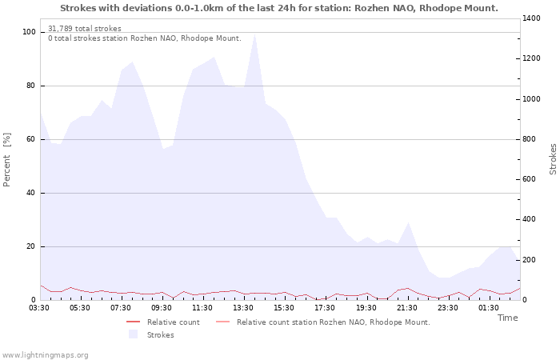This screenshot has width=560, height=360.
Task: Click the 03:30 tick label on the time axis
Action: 39,308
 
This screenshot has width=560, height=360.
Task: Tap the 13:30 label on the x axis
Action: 243,308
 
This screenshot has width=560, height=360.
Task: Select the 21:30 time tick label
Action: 406,308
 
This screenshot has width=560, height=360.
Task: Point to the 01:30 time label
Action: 489,308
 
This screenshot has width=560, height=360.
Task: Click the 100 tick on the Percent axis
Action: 29,32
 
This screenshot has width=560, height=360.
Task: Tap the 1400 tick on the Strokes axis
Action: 531,18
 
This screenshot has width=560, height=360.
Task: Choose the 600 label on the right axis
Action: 530,179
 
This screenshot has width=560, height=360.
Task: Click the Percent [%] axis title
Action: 6,160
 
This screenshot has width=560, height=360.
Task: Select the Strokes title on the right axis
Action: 553,159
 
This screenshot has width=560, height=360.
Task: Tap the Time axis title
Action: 508,318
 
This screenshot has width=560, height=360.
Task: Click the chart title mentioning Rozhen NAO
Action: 279,8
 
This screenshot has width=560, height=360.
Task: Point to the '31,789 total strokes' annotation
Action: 85,29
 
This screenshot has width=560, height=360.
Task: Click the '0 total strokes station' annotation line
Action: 145,38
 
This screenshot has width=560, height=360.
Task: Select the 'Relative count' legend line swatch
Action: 134,322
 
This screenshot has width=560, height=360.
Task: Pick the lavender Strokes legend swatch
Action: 134,334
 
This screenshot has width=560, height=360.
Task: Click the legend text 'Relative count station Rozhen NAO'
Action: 334,322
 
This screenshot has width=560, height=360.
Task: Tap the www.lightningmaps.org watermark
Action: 45,355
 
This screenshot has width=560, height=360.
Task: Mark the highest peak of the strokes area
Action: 254,34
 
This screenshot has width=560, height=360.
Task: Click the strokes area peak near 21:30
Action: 408,222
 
